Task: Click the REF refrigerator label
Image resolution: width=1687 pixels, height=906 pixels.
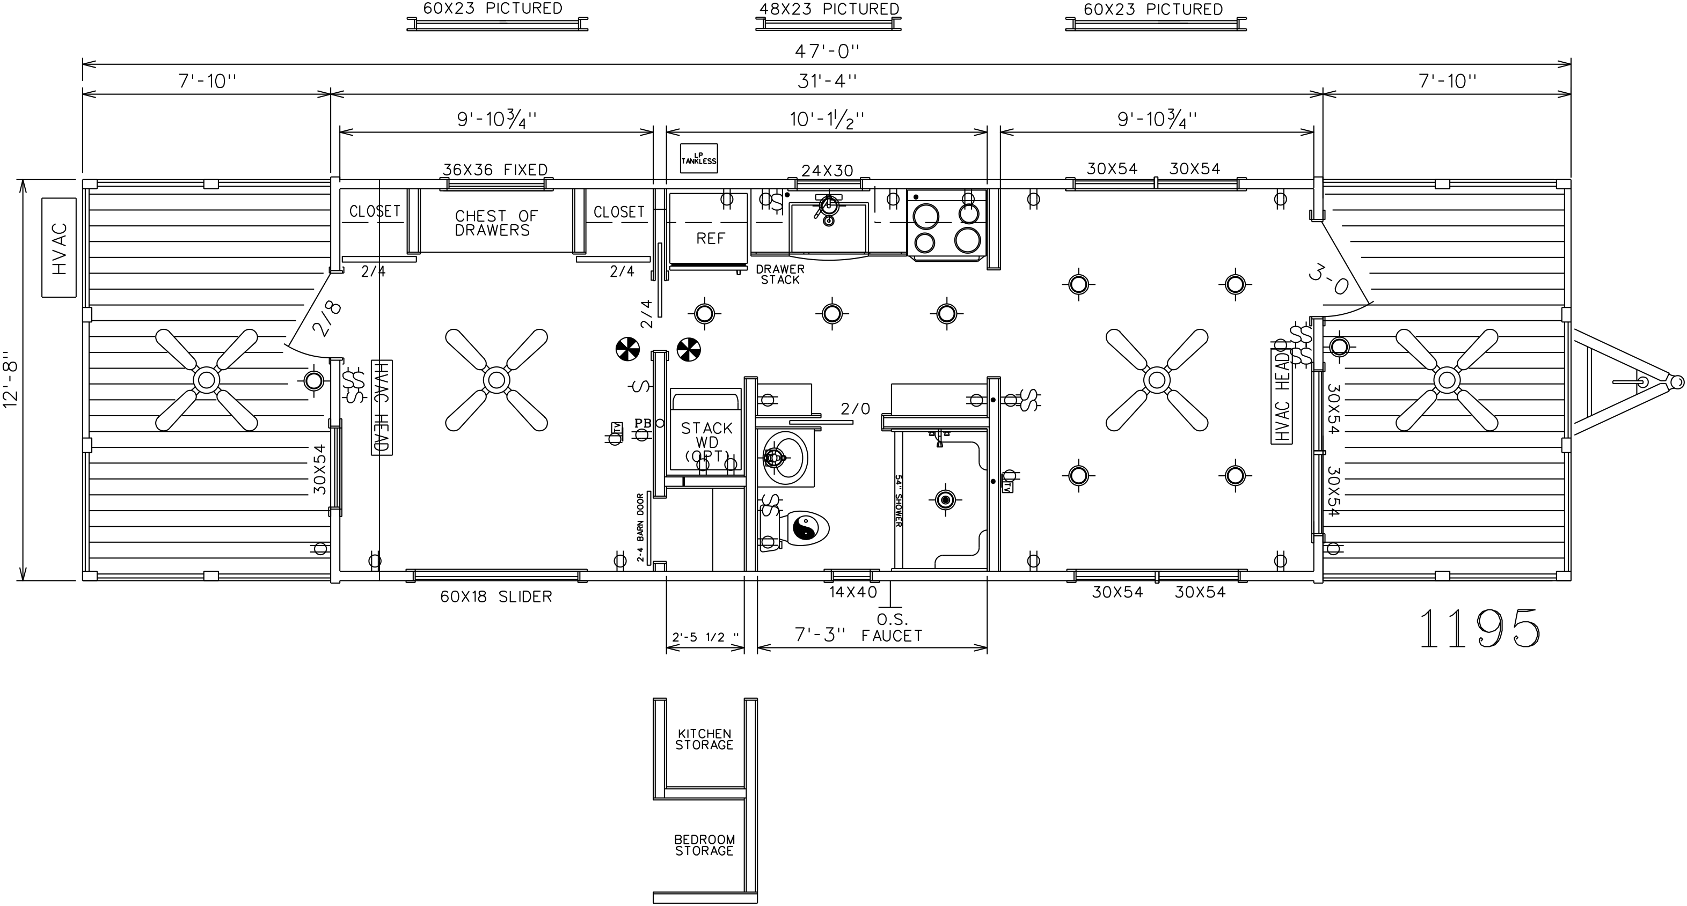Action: tap(710, 238)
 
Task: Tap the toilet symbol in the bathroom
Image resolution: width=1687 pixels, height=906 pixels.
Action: tap(804, 528)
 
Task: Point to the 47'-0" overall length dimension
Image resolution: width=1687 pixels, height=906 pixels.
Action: tap(827, 50)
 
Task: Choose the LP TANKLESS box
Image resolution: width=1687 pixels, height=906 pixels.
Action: tap(698, 158)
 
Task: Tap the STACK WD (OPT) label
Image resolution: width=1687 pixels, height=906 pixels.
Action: tap(706, 442)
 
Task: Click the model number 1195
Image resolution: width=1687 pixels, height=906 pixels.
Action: tap(1479, 629)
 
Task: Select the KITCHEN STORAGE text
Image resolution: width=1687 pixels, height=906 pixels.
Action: tap(704, 740)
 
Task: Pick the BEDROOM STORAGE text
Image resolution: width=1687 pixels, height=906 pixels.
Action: tap(704, 845)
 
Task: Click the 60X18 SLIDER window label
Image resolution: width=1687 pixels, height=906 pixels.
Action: tap(496, 597)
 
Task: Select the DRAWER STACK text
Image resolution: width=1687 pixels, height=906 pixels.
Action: tap(779, 274)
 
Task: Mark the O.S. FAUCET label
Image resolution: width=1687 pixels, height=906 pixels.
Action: tap(892, 628)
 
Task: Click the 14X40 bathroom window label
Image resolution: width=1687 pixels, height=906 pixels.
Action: tap(853, 592)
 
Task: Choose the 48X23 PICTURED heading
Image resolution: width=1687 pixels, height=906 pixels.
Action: tap(828, 9)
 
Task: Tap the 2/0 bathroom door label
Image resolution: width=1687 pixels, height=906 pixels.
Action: tap(855, 409)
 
